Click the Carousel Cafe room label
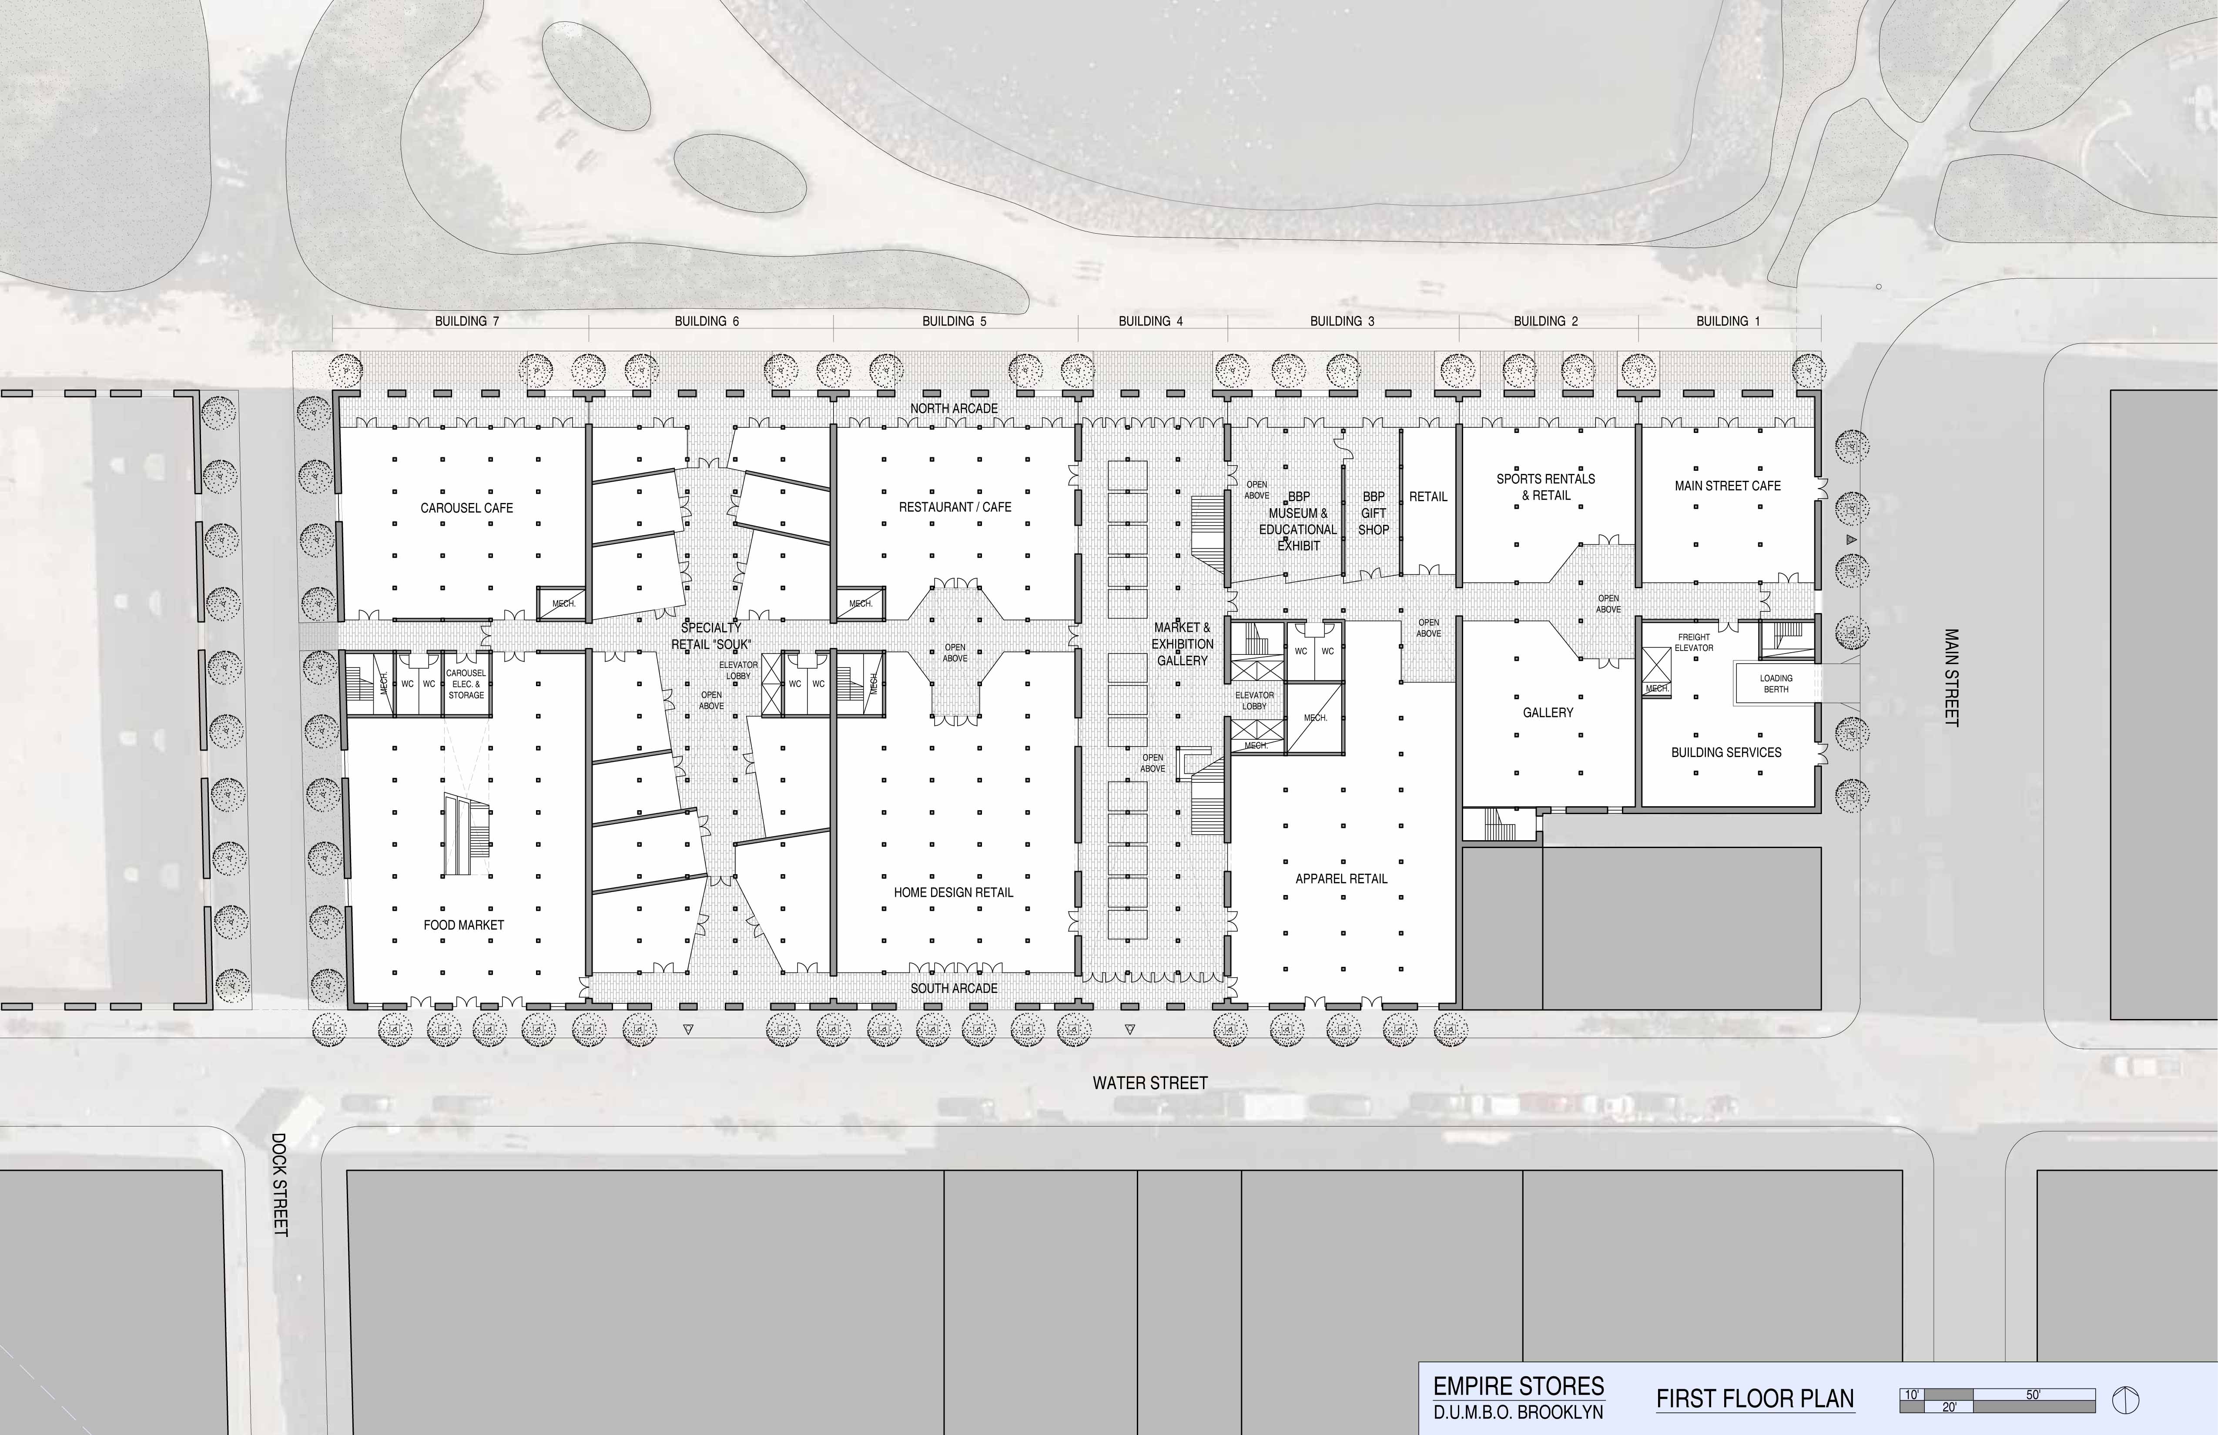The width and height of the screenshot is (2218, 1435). (467, 508)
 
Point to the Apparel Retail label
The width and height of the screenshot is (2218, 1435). (1341, 878)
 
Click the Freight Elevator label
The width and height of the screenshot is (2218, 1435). (1694, 642)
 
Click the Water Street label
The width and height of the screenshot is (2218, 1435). (1150, 1083)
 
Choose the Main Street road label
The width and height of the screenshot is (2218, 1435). (1952, 677)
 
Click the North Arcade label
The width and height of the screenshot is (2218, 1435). (954, 408)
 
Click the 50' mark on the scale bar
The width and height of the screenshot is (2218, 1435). (2033, 1395)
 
